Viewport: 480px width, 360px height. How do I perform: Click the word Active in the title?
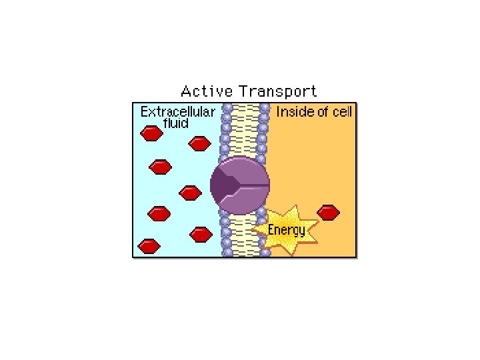tap(207, 91)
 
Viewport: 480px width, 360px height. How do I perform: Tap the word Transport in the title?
tap(278, 91)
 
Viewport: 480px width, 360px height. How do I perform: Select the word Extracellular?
tap(178, 112)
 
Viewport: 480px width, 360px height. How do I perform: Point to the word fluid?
tap(177, 123)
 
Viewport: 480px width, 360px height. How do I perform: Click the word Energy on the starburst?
tap(287, 231)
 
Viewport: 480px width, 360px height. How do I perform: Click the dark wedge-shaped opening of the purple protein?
tap(224, 185)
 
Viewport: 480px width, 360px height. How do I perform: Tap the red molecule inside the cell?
tap(328, 212)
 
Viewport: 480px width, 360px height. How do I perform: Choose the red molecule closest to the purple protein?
tap(191, 193)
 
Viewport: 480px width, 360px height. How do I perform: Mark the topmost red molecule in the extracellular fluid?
tap(151, 133)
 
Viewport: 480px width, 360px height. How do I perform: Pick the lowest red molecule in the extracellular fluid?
tap(149, 245)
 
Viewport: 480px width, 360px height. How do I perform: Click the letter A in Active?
tap(186, 91)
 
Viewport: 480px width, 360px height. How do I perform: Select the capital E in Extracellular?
tap(144, 112)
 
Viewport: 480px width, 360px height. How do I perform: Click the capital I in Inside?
tap(279, 111)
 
